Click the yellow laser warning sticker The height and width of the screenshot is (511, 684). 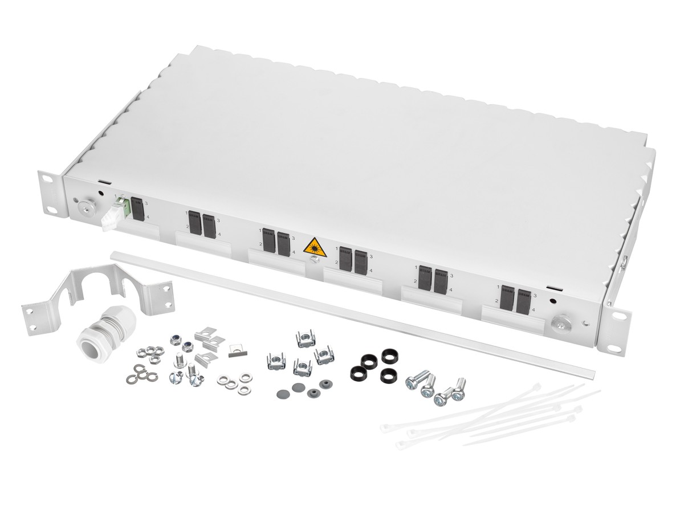tap(315, 247)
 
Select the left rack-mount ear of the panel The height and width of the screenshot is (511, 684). tap(50, 194)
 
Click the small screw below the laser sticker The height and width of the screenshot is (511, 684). tap(313, 261)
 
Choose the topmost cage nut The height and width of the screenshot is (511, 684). tap(306, 340)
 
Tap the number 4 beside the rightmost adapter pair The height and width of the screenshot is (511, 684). tap(534, 309)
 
